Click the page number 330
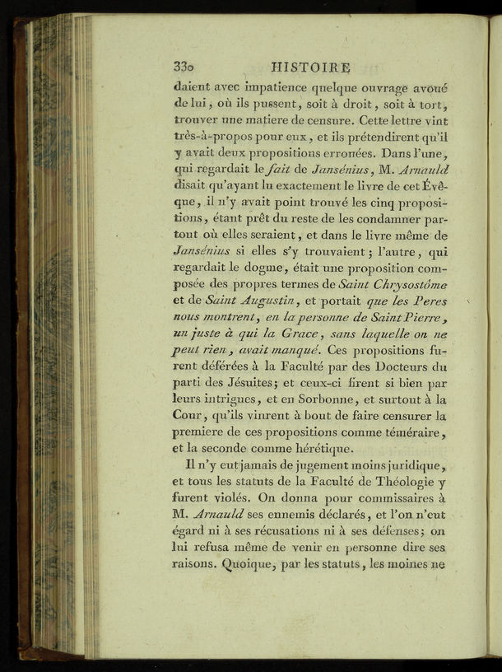188,67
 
